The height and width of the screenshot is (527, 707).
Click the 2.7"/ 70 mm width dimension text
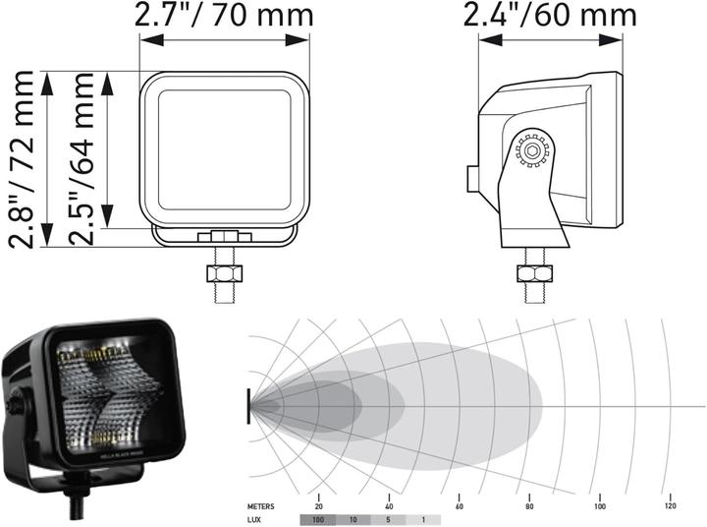pos(224,15)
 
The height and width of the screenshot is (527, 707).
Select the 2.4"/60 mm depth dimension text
pos(550,15)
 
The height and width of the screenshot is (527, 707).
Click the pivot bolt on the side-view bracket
pos(532,150)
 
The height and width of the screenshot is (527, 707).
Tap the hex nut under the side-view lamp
pos(537,272)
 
